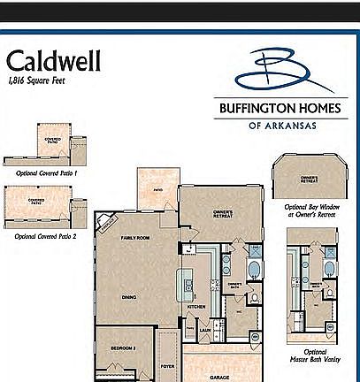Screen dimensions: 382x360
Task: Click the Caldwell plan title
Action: point(54,60)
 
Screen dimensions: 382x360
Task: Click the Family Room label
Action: point(135,239)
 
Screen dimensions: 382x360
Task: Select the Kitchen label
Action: point(196,308)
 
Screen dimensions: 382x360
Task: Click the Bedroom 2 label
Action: point(122,348)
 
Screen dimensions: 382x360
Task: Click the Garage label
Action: point(219,376)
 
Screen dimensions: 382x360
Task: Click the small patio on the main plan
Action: point(157,189)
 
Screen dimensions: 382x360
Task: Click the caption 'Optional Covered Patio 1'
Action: point(46,173)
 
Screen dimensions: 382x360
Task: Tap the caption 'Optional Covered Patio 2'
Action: point(46,237)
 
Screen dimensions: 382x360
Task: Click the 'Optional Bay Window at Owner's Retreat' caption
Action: point(309,213)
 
